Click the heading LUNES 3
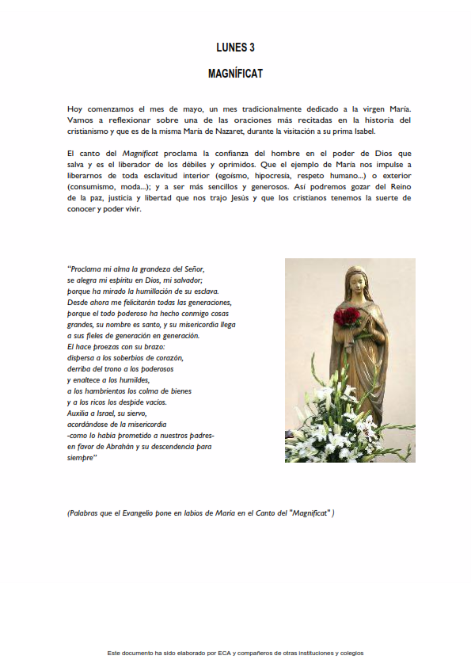click(235, 48)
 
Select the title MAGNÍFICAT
click(235, 74)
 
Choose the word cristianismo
click(92, 131)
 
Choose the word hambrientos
click(110, 391)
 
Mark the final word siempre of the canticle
click(81, 458)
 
